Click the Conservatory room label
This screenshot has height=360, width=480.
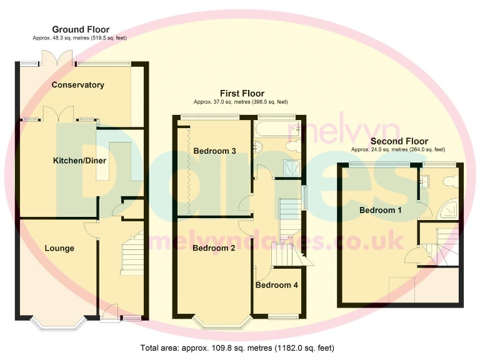pos(77,85)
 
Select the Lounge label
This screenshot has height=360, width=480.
pos(59,249)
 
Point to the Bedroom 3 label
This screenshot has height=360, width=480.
pos(214,151)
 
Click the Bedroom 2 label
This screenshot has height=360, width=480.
pos(213,248)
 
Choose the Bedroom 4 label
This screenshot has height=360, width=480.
pos(277,286)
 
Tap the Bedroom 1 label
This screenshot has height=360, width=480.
pos(380,211)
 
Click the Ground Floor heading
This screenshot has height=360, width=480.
pos(81,29)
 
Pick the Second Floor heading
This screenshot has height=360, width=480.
pos(398,142)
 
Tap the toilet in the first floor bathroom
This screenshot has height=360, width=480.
pos(291,146)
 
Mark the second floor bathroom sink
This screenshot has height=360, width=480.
pos(425,181)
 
